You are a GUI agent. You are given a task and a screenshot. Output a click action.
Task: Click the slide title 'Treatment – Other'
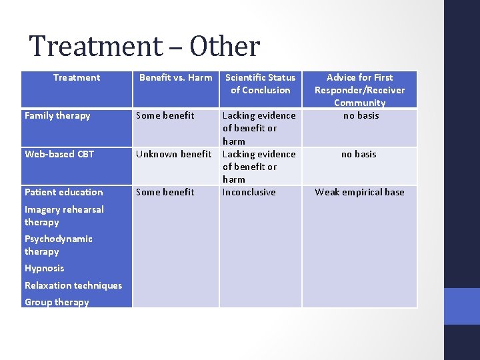point(144,47)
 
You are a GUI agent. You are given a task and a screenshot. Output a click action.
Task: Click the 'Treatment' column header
point(77,77)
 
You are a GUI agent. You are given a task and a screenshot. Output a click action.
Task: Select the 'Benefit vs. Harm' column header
point(175,77)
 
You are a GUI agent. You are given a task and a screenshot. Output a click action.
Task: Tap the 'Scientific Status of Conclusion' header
point(260,83)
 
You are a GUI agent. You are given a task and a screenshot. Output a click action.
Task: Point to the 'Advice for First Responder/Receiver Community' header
point(359,90)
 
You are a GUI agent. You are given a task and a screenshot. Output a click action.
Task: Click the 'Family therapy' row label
point(57,115)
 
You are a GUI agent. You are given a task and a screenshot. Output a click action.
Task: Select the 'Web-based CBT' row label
point(59,154)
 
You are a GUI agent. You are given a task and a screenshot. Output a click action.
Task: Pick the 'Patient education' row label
point(64,192)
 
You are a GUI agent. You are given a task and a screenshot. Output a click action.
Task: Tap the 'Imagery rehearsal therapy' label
point(64,215)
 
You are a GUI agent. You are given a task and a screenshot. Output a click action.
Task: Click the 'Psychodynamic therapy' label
point(59,245)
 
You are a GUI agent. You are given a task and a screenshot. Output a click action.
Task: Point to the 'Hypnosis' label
point(45,268)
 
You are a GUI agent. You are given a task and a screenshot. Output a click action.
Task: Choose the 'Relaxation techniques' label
point(73,285)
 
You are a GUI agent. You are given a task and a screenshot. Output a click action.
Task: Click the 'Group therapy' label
point(57,302)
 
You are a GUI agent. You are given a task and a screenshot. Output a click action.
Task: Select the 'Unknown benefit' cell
point(173,154)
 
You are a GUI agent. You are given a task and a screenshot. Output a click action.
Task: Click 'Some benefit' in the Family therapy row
point(165,115)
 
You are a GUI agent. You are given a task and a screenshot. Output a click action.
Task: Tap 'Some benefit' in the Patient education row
point(165,192)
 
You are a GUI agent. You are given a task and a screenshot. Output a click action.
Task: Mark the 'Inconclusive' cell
point(249,192)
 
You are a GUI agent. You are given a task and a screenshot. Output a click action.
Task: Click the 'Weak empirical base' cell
point(359,192)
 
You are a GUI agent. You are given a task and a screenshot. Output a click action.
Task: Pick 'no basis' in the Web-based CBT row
point(359,154)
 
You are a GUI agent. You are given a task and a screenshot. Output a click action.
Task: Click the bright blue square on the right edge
point(462,306)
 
